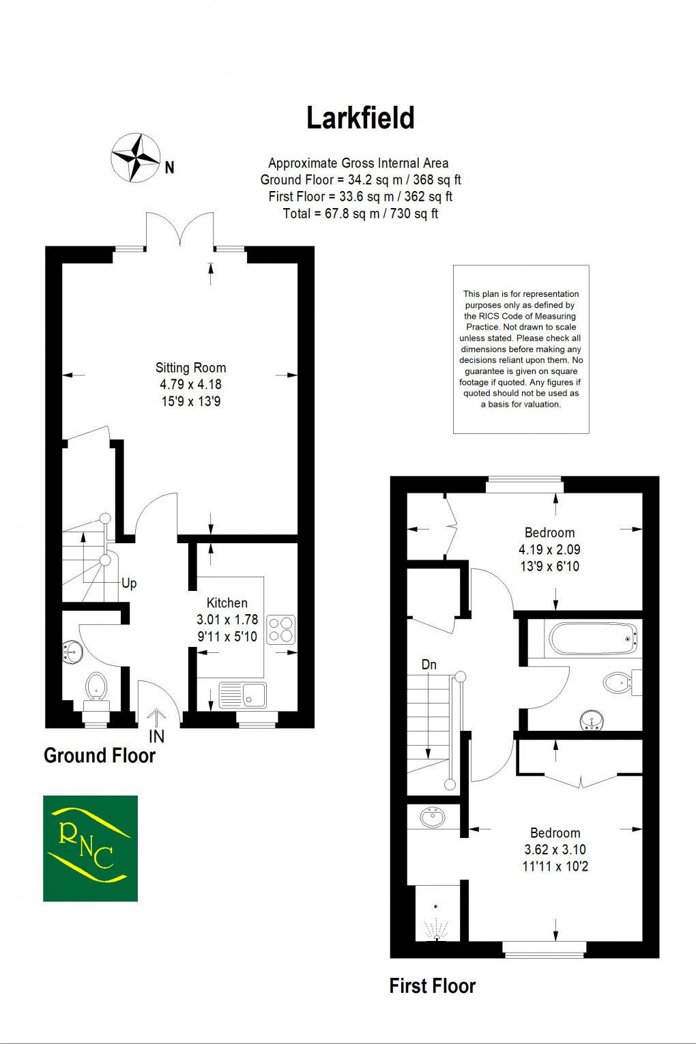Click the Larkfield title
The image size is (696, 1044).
[x=360, y=118]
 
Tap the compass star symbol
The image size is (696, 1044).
[x=136, y=158]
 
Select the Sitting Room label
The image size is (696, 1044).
[x=190, y=368]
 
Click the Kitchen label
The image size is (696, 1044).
[x=227, y=603]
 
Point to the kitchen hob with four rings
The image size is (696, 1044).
[x=280, y=630]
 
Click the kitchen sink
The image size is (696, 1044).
[x=244, y=695]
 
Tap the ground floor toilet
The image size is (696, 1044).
[x=96, y=686]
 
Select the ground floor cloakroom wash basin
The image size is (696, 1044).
[x=72, y=652]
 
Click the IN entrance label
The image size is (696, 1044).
[x=156, y=736]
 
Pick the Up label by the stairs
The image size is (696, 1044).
[x=129, y=583]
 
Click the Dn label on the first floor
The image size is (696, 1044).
[x=429, y=665]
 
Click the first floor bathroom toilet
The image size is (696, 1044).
[x=619, y=682]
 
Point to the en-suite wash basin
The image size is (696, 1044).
[x=433, y=816]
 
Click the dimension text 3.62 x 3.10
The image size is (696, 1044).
[x=555, y=850]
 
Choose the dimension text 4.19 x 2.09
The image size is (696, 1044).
[x=549, y=549]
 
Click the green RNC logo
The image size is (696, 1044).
[x=90, y=848]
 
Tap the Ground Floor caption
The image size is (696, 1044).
[x=100, y=756]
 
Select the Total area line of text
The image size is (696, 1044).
[x=360, y=214]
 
